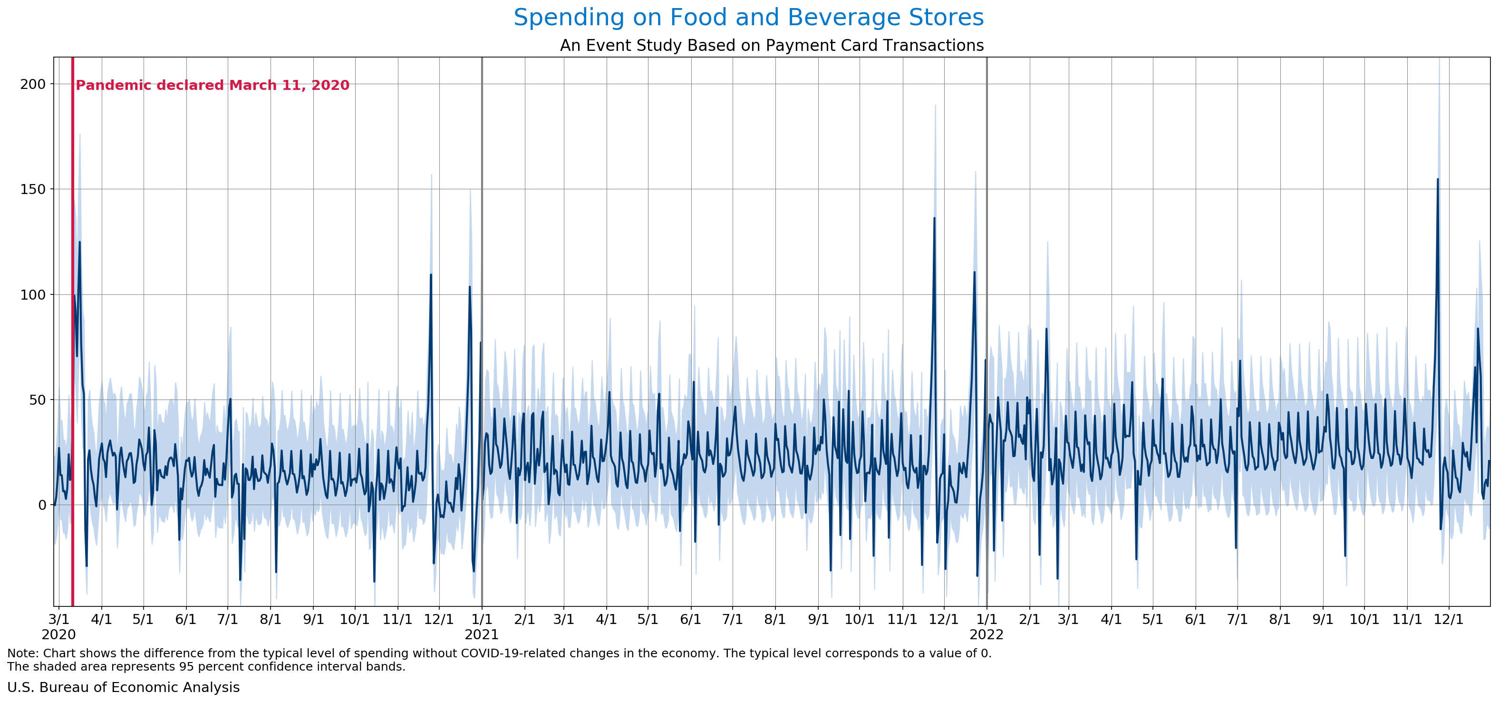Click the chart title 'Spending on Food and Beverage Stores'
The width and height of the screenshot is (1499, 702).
pos(748,18)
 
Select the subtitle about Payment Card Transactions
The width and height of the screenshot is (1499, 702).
pos(772,45)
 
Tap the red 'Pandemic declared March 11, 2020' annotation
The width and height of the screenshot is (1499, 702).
pos(213,86)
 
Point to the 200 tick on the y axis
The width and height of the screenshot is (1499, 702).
pos(33,84)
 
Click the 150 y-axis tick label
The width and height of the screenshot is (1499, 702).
pos(33,190)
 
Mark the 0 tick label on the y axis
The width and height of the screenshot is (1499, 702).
pos(42,505)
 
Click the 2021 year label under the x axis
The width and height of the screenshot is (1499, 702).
pos(481,634)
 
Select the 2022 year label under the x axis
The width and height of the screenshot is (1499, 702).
pos(986,634)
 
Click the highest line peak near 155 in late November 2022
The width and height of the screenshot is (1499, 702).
pos(1437,180)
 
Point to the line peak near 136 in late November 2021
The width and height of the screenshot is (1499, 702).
pos(935,219)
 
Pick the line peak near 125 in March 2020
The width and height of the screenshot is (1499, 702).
pos(80,242)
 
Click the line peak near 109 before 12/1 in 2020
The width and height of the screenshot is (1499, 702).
pos(431,275)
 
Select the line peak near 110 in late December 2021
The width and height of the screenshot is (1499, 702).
pos(975,273)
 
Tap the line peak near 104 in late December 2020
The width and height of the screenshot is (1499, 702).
pos(470,287)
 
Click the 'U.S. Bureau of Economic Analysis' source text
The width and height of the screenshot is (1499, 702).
pos(123,687)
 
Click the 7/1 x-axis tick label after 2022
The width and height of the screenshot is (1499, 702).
pos(1237,619)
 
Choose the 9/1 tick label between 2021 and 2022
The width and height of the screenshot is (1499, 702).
pos(818,619)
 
